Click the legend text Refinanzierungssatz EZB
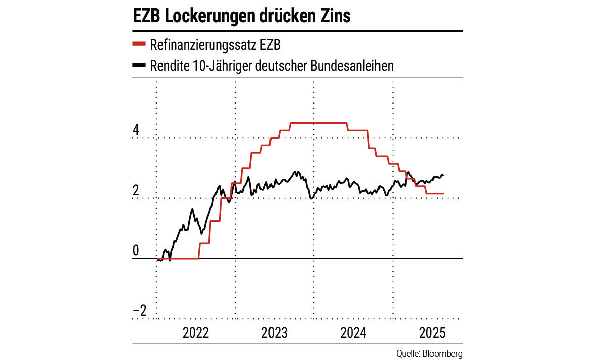click(x=215, y=45)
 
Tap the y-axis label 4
click(x=135, y=130)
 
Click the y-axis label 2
click(x=135, y=190)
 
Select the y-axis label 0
click(x=135, y=251)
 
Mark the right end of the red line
click(x=443, y=193)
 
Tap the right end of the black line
click(x=443, y=176)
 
